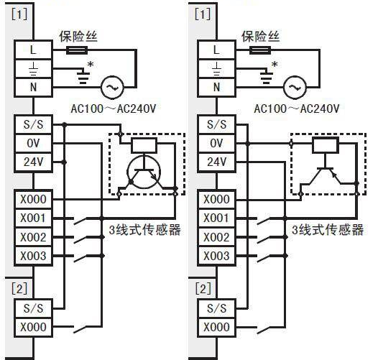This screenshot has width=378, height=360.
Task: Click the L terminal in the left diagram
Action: coord(33,50)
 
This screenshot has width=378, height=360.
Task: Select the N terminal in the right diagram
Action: coord(216,87)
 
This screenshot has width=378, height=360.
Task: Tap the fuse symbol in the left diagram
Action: coord(77,50)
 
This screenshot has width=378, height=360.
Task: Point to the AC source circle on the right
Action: coord(295,87)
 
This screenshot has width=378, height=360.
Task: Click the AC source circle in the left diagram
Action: coord(112,87)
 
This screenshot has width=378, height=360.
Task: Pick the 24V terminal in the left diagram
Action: coord(33,162)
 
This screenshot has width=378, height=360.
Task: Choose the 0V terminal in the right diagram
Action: coord(216,143)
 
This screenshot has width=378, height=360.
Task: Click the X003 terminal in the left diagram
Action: coord(33,256)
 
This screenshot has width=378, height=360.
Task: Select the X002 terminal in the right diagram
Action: coord(216,237)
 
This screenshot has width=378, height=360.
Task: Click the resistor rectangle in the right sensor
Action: coord(326,145)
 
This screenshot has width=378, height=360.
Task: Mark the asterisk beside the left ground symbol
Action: coord(91,65)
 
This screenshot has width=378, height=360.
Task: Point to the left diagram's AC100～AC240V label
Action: coord(114,109)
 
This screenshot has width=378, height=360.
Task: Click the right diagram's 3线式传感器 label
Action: coord(328,230)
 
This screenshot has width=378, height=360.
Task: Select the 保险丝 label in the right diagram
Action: coord(260,37)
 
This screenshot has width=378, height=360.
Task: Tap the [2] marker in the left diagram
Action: coord(19,289)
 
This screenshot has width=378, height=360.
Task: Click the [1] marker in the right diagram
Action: coord(203,14)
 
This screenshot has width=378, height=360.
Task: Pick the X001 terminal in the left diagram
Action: coord(33,218)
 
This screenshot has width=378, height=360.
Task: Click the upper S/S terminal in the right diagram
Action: coord(216,124)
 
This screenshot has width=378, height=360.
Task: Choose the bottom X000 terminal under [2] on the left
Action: coord(33,328)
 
